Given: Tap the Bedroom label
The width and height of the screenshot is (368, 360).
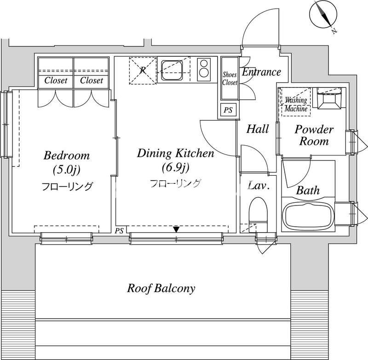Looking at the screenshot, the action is point(67,155).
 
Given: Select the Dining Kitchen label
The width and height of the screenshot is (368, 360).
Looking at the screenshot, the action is point(176,154).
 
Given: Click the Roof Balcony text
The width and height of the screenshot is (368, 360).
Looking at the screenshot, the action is point(161,288).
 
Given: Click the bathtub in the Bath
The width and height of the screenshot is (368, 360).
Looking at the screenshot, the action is point(308,217).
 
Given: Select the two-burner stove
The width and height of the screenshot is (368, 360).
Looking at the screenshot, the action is point(203,69).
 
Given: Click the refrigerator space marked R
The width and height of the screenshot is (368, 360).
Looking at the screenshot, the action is point(143,70).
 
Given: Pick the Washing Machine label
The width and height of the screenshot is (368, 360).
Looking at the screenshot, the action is point(296,105).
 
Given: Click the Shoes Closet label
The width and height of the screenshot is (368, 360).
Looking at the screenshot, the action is point(230,79).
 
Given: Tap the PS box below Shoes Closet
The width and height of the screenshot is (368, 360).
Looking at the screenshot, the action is point(228,110).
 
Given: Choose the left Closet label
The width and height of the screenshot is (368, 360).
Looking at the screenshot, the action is point(56,80).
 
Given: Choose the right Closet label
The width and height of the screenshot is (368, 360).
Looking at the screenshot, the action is point(92,80).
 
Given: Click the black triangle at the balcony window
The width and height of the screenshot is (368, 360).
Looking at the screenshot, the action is point(177,229).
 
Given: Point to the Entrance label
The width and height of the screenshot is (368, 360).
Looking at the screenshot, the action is point(261,72).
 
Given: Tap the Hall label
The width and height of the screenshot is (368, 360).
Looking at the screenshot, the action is point(258,129).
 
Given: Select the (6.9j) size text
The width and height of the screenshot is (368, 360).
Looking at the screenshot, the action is point(175,167).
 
